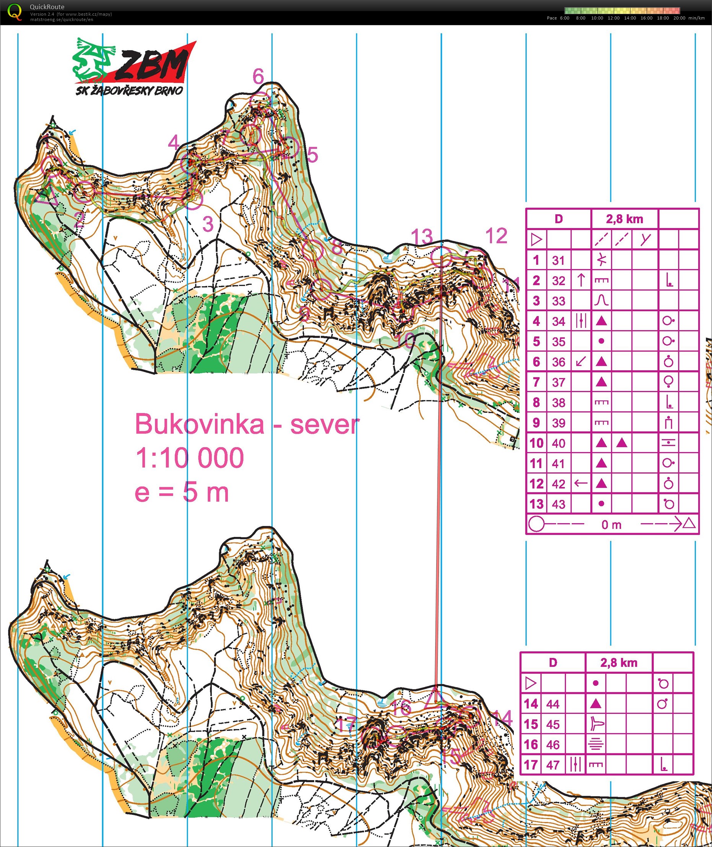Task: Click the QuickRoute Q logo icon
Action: coord(15,12)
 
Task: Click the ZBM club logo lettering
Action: coord(151,65)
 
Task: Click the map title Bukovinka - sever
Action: coord(247,424)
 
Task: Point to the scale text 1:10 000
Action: coord(189,458)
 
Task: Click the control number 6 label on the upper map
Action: coord(258,76)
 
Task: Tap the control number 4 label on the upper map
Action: coord(174,143)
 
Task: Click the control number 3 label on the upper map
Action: coord(208,224)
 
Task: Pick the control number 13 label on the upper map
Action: coord(422,236)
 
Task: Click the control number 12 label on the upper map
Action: coord(496,236)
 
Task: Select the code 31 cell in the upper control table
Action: coord(558,260)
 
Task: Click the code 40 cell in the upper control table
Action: coord(558,443)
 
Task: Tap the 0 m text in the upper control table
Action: coord(611,525)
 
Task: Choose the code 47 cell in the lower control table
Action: coord(553,765)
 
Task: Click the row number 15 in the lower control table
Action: coord(531,724)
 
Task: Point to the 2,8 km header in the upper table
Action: coord(624,219)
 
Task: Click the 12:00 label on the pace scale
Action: coord(613,18)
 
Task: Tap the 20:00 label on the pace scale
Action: coord(679,18)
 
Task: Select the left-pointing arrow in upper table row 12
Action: coord(580,483)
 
